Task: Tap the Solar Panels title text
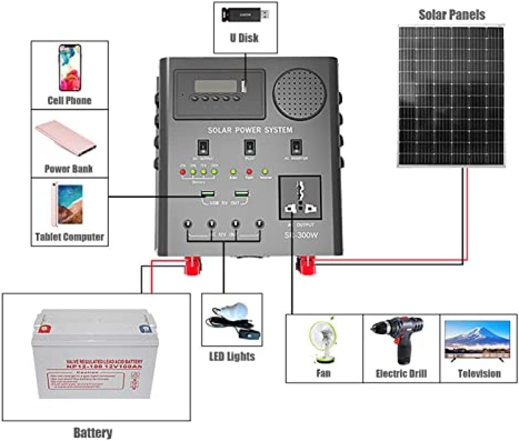[451, 15]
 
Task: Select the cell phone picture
[70, 67]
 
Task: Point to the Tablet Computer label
[69, 237]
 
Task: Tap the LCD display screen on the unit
[215, 86]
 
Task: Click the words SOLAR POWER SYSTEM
[249, 130]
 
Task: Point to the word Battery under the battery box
[93, 433]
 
